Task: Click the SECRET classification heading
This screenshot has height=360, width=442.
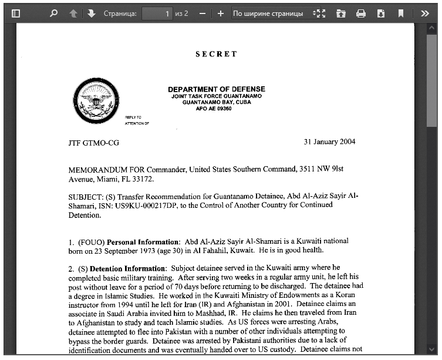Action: (x=217, y=54)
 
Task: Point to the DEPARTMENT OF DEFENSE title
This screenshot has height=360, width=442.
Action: (x=217, y=89)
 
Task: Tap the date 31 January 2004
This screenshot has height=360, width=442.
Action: (x=329, y=142)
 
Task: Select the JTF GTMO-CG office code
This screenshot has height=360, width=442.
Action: (x=93, y=143)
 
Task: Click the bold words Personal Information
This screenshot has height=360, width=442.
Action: (x=143, y=241)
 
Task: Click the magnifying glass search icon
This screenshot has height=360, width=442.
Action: (x=54, y=13)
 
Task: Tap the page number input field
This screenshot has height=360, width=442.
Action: (x=157, y=13)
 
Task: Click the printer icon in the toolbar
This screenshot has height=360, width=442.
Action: (x=361, y=13)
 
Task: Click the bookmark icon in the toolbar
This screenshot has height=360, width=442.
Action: (x=401, y=13)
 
